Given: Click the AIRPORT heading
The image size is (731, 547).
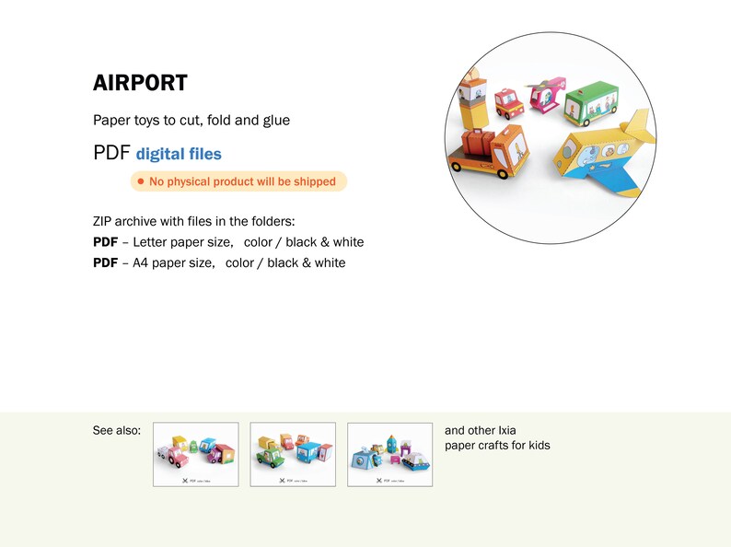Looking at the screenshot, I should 140,83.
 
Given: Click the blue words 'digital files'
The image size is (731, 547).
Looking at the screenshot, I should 179,155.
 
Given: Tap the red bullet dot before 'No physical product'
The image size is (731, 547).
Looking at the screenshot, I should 140,181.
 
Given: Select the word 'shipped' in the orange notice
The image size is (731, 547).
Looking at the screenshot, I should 314,181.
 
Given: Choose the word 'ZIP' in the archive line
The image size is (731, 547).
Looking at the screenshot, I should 105,222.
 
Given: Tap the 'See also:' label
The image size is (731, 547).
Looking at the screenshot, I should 117,430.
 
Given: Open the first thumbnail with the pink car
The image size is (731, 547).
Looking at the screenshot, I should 195,454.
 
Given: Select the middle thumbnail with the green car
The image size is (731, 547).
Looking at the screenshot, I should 293,454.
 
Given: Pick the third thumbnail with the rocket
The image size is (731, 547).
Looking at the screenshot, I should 389,454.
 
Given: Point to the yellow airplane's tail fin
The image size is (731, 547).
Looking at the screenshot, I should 637,131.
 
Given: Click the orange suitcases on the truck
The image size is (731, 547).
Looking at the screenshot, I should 478,144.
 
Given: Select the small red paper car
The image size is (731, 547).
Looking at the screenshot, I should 506,103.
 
